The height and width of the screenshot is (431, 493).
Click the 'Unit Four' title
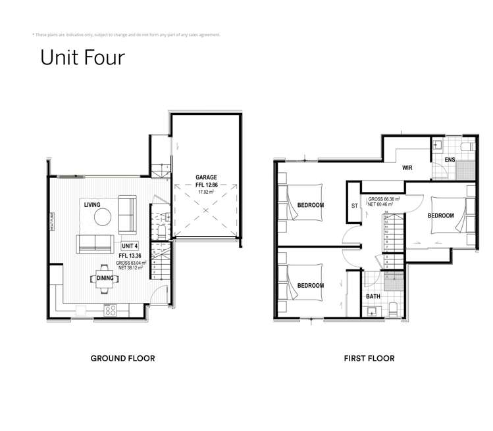pyautogui.click(x=82, y=57)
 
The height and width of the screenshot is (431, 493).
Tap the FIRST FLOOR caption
pyautogui.click(x=369, y=359)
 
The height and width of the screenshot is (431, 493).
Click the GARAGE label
pyautogui.click(x=206, y=177)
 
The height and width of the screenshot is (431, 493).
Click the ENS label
pyautogui.click(x=450, y=160)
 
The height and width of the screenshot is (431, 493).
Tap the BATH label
pyautogui.click(x=372, y=297)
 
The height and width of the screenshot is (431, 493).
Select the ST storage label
pyautogui.click(x=355, y=206)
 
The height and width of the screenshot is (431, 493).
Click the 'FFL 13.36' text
pyautogui.click(x=131, y=256)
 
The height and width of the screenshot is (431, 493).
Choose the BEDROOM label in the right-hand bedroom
pyautogui.click(x=440, y=215)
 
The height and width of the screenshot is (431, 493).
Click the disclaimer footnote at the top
pyautogui.click(x=126, y=34)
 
